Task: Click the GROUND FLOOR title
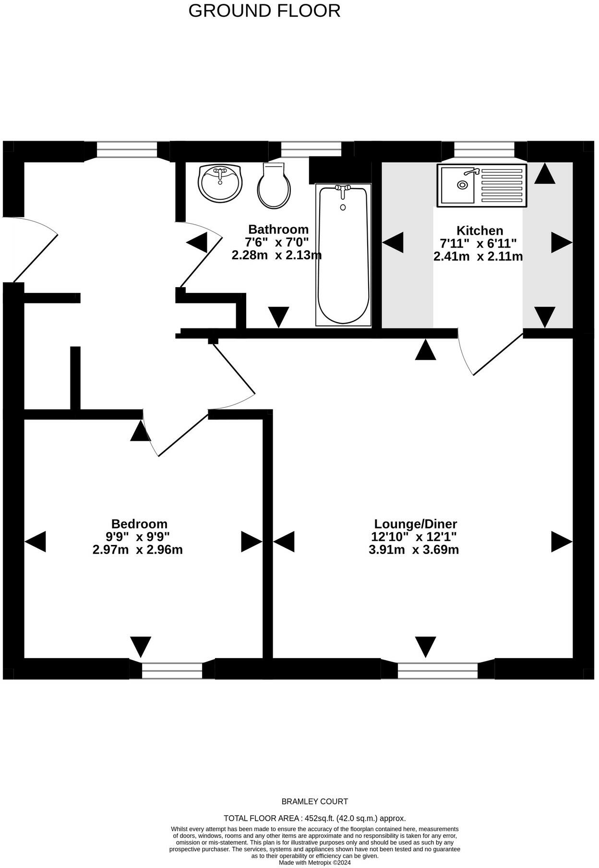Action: pos(264,11)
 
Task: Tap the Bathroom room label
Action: pos(278,229)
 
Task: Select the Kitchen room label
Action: pos(479,230)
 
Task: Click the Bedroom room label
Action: pos(139,524)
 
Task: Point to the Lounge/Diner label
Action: pos(415,524)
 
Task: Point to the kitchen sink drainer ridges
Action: pos(501,185)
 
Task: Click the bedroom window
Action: pos(172,670)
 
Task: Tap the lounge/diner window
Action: pos(438,670)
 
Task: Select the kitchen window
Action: pos(484,149)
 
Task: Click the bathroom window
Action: pos(311,149)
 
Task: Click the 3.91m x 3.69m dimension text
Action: pos(414,550)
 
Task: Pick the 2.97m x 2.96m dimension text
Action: pos(138,550)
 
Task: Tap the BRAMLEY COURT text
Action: pos(314,801)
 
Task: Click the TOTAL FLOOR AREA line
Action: pos(314,818)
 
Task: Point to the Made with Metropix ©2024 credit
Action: pos(314,862)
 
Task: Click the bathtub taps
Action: pos(343,192)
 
